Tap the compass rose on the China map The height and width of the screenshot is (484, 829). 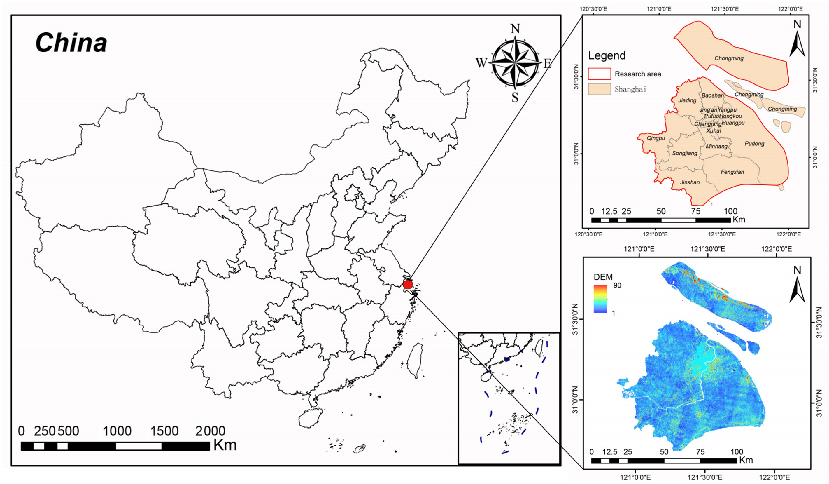point(515,63)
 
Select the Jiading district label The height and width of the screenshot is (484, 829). point(687,101)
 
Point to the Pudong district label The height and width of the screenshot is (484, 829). point(754,144)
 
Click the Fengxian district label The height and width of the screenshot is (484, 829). point(732,172)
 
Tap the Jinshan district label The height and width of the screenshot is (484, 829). point(690,182)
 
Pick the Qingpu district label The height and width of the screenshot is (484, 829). point(656,138)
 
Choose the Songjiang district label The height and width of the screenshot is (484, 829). point(685,153)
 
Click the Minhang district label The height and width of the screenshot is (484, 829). point(716,146)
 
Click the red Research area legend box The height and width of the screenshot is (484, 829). point(599,74)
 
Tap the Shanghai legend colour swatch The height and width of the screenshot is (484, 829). point(599,89)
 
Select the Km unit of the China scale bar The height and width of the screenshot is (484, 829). point(225,445)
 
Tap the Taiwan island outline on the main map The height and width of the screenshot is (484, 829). point(415,361)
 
